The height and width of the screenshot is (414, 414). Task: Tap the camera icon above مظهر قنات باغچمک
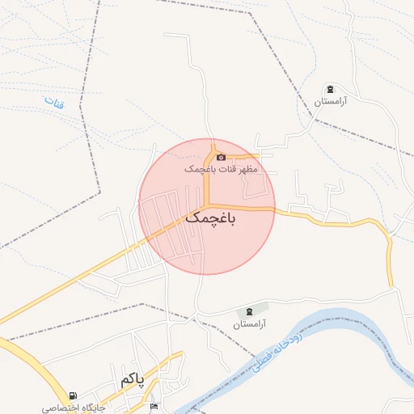pos(221,156)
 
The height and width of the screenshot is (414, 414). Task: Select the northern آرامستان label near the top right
pos(330,102)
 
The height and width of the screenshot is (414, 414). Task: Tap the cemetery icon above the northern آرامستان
pos(329,89)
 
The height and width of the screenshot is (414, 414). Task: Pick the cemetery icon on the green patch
pos(249,310)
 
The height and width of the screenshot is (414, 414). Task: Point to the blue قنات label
pos(54,103)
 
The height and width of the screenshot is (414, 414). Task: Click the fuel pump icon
pos(74,396)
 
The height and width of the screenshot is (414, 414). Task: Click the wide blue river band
pos(348,323)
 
